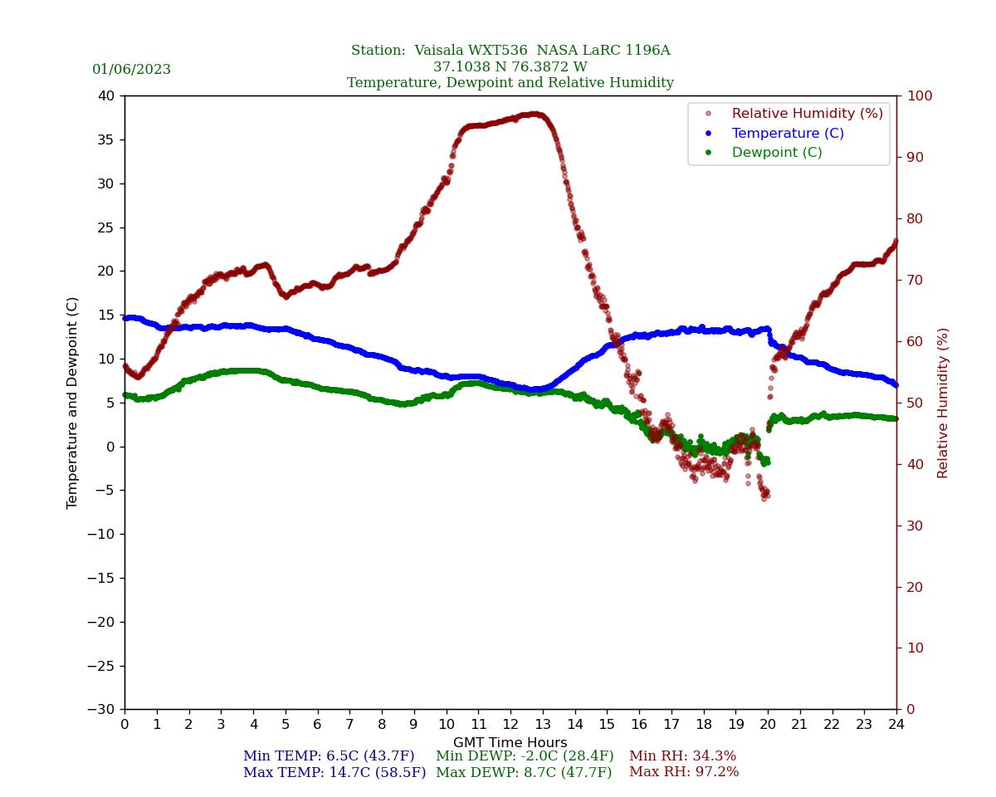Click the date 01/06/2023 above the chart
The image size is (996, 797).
(131, 70)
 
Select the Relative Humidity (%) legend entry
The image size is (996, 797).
(807, 114)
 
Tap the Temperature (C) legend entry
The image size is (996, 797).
(787, 134)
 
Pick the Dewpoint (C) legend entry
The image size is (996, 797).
(776, 153)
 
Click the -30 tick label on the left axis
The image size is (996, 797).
(102, 709)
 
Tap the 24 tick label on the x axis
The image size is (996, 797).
(896, 725)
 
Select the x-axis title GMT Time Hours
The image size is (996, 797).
(510, 743)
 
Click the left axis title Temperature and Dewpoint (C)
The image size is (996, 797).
(73, 403)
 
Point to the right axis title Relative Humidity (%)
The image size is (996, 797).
(943, 403)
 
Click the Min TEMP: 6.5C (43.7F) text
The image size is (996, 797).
(329, 756)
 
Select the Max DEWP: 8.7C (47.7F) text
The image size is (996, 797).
(524, 773)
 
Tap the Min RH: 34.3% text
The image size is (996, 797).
(682, 756)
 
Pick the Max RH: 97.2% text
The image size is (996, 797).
(684, 773)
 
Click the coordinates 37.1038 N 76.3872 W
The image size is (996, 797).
(510, 67)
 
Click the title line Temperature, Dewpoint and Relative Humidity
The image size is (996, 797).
(510, 83)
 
